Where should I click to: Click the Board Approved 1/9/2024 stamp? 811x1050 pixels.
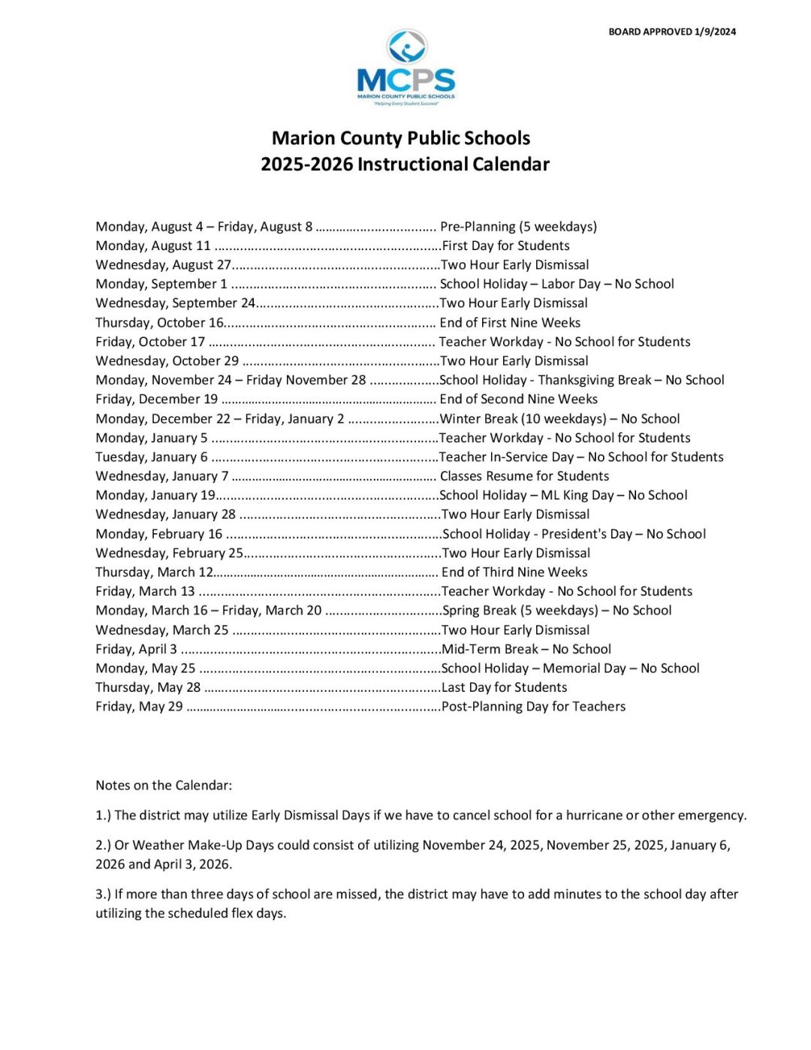coord(672,32)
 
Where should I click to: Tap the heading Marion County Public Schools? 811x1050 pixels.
coord(401,138)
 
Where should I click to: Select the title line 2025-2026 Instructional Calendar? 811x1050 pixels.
coord(405,164)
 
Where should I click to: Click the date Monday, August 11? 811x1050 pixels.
coord(153,246)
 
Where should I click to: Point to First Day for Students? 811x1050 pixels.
coord(505,246)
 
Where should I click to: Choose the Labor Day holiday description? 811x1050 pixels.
coord(556,284)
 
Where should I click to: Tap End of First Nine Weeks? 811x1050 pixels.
coord(510,323)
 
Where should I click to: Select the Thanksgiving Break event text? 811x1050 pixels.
coord(582,380)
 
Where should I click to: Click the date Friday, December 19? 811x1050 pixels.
coord(157,400)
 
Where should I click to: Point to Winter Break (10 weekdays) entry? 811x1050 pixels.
coord(559,419)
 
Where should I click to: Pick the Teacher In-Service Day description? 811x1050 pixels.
coord(581,457)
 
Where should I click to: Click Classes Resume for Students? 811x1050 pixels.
coord(524,476)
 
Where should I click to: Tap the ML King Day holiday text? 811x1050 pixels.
coord(563,496)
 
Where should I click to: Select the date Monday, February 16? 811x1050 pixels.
coord(159,534)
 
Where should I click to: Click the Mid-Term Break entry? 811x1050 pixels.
coord(526,650)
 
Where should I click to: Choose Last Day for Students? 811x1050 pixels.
coord(504,688)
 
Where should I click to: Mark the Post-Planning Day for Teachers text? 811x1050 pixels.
coord(533,707)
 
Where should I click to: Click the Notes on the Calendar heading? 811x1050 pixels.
coord(164,786)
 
